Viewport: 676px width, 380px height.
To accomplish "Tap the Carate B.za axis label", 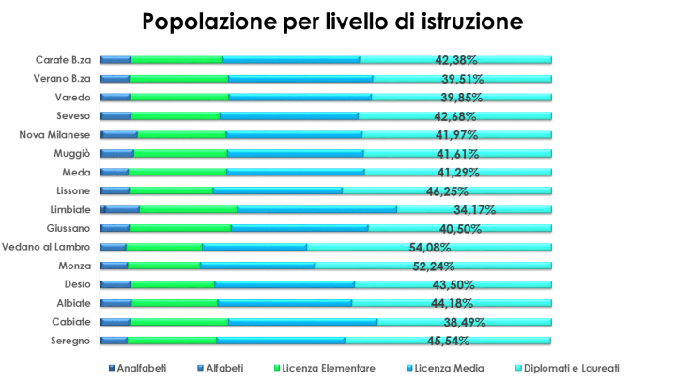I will pos(63,60).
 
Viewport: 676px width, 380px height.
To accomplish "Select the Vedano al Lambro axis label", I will pos(46,247).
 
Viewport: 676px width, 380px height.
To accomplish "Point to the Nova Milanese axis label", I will pos(55,135).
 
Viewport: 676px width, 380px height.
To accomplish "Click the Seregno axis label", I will pos(69,341).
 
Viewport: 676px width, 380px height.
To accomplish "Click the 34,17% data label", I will pos(475,210).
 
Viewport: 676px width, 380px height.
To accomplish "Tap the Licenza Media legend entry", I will pos(441,368).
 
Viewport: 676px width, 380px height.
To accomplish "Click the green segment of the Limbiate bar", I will pos(188,209).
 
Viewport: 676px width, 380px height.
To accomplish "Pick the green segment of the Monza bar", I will pos(163,266).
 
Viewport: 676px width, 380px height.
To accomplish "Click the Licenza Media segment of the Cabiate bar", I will pos(302,322).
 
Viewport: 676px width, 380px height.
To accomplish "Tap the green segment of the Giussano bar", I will pos(180,228).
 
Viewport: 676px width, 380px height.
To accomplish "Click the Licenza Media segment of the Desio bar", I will pos(284,284).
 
